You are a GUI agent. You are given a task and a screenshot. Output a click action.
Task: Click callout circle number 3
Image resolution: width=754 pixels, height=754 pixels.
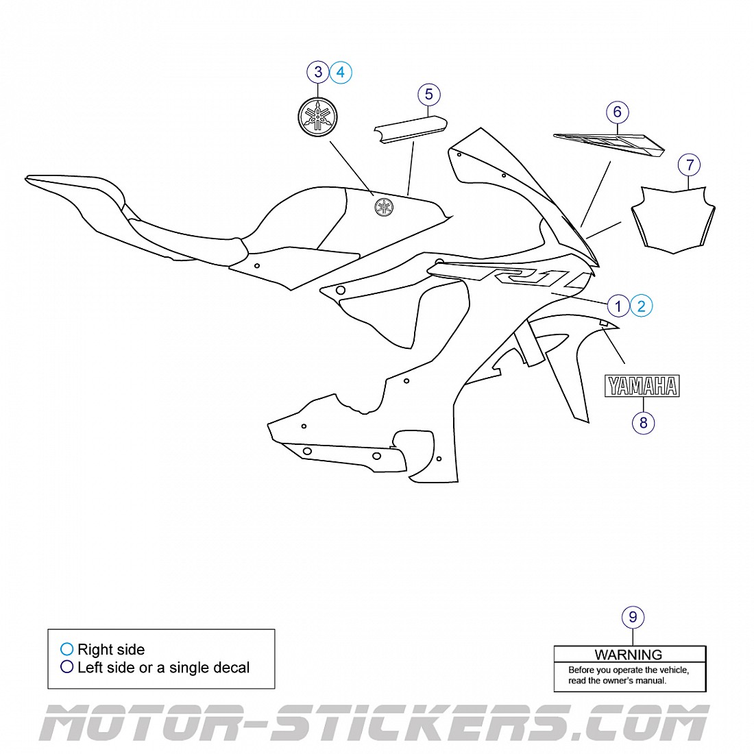coord(318,71)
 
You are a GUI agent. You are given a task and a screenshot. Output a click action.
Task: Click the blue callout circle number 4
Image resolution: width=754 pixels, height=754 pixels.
coord(341,71)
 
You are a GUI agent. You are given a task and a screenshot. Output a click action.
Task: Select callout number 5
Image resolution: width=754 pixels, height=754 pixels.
coord(429,95)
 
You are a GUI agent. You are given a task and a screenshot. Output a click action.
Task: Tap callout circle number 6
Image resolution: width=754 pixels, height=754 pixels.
coord(617,112)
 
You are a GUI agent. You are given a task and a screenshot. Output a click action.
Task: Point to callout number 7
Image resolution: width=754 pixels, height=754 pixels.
coord(690,165)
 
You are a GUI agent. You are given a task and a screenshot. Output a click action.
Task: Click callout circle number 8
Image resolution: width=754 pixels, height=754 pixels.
coord(643,422)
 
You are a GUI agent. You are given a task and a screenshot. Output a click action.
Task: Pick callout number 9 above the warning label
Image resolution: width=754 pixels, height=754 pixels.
coord(633,617)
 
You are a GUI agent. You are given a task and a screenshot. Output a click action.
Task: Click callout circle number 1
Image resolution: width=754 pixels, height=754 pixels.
coord(618,306)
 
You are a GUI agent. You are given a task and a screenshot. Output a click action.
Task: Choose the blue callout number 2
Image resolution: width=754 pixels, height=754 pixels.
coord(642,306)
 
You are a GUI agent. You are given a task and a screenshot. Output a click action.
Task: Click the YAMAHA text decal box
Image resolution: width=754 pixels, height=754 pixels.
coord(642,386)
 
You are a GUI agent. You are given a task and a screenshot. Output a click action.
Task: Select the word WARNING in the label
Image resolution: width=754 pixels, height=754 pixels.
coord(629,655)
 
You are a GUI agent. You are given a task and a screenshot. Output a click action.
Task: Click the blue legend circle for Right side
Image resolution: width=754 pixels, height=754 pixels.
coord(66,649)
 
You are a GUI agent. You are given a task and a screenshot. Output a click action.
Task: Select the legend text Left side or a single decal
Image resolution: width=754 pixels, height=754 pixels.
coord(163,668)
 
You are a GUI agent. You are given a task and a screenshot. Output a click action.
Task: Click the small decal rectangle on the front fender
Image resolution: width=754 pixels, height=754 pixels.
coord(605,324)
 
